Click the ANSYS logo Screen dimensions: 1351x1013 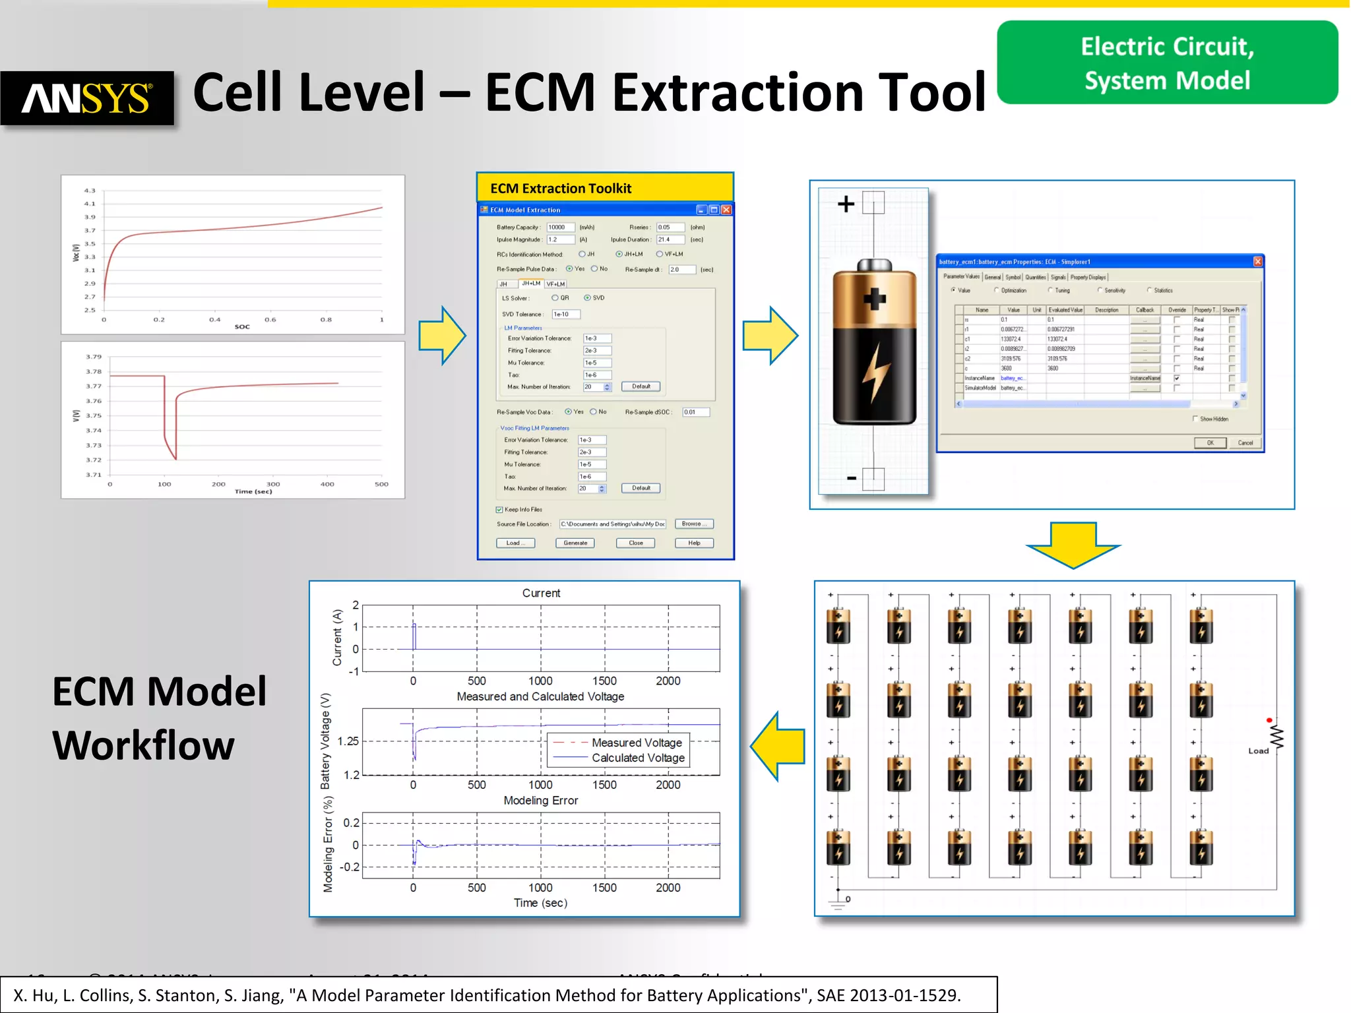point(87,98)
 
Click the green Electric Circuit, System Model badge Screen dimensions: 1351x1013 point(1167,63)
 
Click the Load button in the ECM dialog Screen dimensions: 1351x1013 point(515,543)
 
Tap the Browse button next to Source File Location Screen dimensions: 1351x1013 point(693,524)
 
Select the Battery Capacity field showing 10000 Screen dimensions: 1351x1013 point(560,227)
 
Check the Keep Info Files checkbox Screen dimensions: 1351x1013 point(499,509)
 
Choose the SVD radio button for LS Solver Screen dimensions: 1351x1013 point(587,298)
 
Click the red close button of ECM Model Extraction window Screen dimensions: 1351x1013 point(726,210)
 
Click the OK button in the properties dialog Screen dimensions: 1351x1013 point(1210,443)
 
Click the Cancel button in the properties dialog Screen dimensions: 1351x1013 point(1245,443)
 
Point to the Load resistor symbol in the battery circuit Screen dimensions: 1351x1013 point(1277,737)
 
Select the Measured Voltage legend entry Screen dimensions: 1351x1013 point(636,743)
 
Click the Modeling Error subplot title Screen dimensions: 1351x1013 point(540,800)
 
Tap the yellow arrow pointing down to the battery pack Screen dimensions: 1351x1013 point(1073,544)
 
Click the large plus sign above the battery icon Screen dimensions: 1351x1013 point(846,204)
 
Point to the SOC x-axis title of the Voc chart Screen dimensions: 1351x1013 point(242,326)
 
